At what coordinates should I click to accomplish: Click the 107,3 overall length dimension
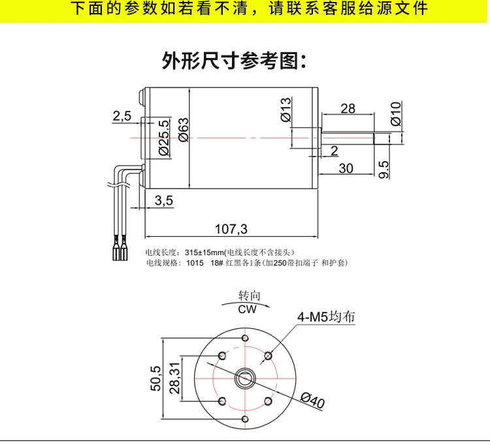point(231,229)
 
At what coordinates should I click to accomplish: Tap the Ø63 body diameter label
point(184,130)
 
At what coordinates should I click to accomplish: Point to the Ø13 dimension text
point(286,110)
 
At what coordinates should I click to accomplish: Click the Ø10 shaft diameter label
point(396,114)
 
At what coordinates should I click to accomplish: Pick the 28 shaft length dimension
point(348,108)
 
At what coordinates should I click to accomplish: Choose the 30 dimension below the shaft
point(346,168)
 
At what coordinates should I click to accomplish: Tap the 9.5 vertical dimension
point(384,170)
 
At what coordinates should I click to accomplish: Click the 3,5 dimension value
point(164,200)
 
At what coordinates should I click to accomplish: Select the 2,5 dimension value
point(122,116)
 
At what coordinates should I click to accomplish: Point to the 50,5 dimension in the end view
point(155,378)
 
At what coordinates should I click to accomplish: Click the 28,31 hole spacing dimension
point(174,378)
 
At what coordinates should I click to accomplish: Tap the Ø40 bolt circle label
point(313,400)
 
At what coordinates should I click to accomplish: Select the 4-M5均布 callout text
point(326,316)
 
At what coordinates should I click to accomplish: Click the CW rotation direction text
point(247,309)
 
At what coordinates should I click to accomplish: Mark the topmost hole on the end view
point(245,338)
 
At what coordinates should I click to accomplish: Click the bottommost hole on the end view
point(245,419)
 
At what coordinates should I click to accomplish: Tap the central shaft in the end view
point(245,378)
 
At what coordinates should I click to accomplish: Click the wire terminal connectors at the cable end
point(120,249)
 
